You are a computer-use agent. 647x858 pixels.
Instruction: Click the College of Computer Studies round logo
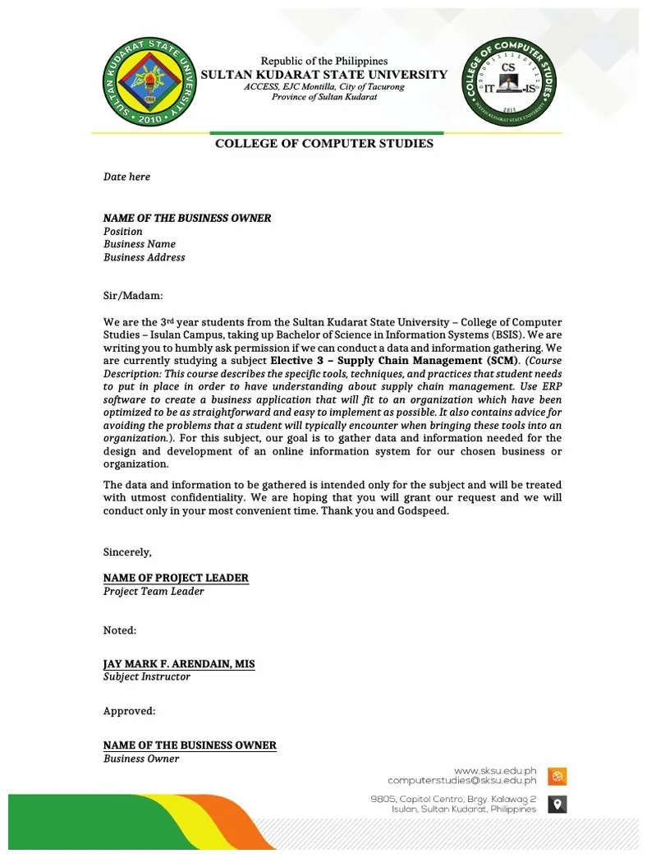[x=508, y=83]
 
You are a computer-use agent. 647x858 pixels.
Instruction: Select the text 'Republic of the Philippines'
[x=323, y=61]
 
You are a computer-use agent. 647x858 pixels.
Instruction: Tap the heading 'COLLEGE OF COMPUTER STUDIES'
[x=323, y=144]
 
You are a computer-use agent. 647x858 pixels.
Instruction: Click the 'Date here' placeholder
[x=126, y=177]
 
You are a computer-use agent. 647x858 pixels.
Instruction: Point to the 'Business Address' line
[x=144, y=257]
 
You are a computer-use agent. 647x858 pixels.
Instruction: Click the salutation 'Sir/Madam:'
[x=133, y=295]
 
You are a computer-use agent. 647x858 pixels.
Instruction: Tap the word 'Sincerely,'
[x=127, y=551]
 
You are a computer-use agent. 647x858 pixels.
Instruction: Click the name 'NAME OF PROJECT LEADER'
[x=176, y=578]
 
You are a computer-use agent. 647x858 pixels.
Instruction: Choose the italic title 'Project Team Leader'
[x=154, y=591]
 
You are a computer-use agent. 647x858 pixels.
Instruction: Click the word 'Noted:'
[x=120, y=630]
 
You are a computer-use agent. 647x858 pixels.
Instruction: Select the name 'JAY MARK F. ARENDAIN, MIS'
[x=179, y=663]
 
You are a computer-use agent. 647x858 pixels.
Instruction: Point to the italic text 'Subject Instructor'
[x=146, y=676]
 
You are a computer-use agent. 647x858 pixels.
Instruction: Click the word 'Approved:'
[x=129, y=711]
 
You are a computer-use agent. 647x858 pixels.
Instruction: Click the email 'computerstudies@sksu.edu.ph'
[x=461, y=781]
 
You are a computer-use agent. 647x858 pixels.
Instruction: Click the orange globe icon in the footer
[x=558, y=776]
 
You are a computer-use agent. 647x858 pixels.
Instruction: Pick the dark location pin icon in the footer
[x=558, y=804]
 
